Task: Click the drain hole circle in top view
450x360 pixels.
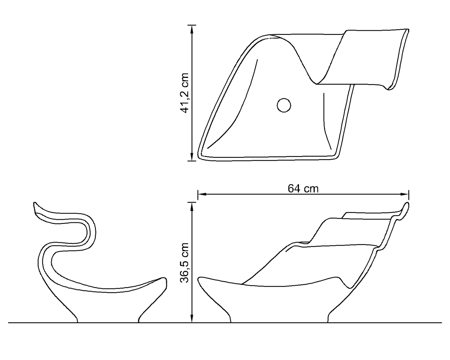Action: [x=284, y=105]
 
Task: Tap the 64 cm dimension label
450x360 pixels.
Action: [x=303, y=188]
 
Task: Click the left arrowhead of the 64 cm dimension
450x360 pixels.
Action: [x=202, y=194]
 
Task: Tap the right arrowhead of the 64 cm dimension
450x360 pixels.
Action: [x=405, y=194]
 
